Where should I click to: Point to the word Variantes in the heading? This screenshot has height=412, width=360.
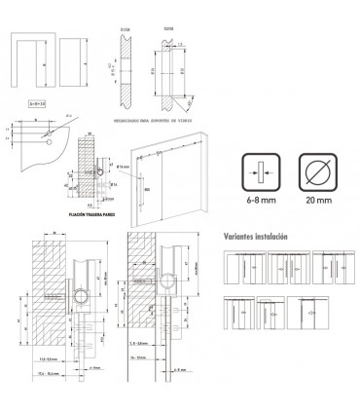(238, 236)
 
